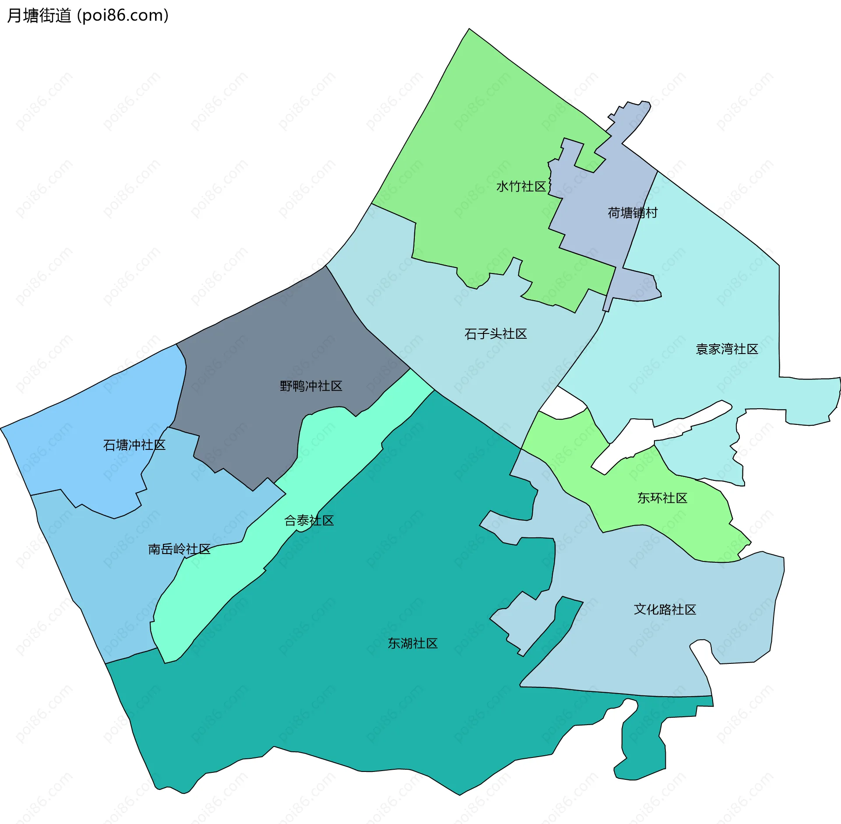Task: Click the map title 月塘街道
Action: (x=39, y=15)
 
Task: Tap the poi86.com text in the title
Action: (x=123, y=15)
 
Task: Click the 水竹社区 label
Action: (x=521, y=186)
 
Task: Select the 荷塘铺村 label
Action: (x=633, y=213)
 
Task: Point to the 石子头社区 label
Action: (x=495, y=334)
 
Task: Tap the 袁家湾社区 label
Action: (x=727, y=349)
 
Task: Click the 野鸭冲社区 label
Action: (x=311, y=386)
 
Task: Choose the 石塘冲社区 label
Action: (x=134, y=445)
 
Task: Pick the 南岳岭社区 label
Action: (x=179, y=549)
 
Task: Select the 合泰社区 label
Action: (x=309, y=520)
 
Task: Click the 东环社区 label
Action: (x=662, y=498)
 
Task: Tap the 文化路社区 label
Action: (x=665, y=609)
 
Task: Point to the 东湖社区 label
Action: (x=413, y=643)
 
